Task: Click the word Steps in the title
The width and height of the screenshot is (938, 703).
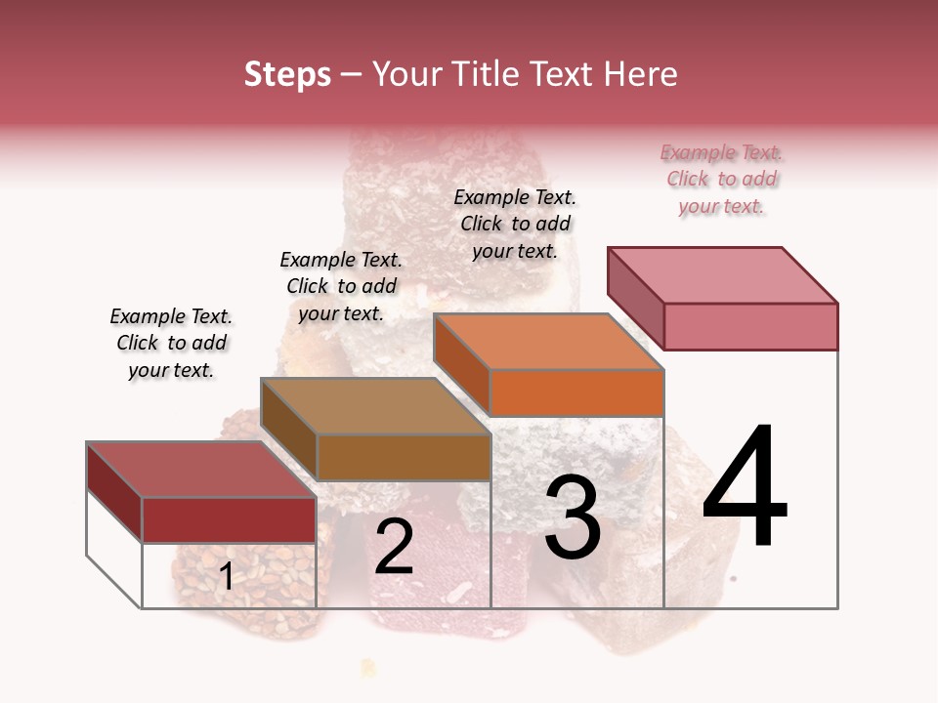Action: point(287,75)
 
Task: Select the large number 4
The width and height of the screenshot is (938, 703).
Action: point(745,488)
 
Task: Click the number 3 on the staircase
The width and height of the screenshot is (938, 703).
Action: point(573,517)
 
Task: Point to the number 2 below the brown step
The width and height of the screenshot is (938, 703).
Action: point(394,547)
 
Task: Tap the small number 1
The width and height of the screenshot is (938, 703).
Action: point(227,577)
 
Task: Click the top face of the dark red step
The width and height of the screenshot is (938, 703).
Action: point(201,470)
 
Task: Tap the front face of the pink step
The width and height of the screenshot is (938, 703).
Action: point(750,326)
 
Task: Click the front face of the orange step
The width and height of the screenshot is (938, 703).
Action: point(576,393)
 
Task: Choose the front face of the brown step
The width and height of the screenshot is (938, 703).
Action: point(404,457)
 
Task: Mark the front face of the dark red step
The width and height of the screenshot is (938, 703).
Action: point(229,519)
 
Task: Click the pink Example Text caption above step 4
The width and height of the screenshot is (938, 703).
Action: point(721,180)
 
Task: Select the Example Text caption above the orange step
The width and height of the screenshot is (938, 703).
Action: point(515,224)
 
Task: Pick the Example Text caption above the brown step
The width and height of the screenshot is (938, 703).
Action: point(341,286)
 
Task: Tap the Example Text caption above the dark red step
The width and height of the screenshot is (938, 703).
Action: point(171,343)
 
